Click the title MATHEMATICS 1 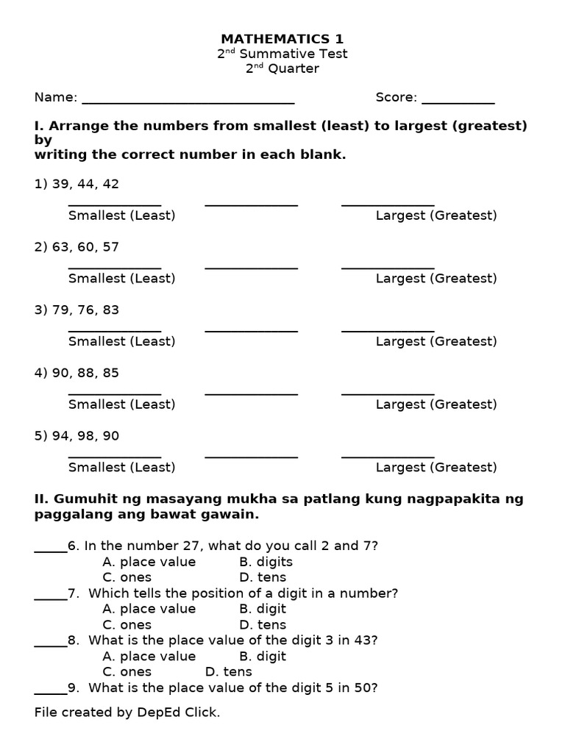(x=282, y=39)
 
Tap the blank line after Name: (x=188, y=101)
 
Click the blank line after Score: (x=458, y=101)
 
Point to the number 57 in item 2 (x=110, y=247)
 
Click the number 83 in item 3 (x=110, y=310)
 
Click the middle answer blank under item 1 (x=251, y=204)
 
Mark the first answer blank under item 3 (x=115, y=330)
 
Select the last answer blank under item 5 (x=388, y=456)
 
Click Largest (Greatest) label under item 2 (x=436, y=279)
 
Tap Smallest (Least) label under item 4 (x=121, y=404)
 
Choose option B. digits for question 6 (x=266, y=562)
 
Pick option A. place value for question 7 (x=149, y=609)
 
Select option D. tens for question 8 (x=228, y=672)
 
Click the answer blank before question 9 (x=50, y=691)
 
